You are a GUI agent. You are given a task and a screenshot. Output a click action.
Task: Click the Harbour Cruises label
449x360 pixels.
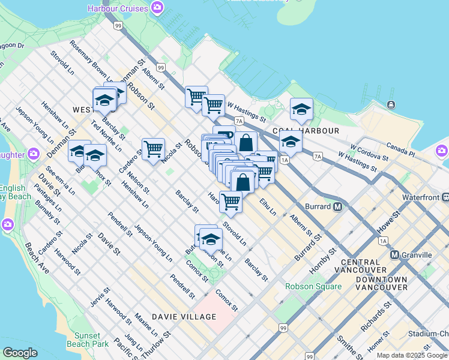[x=117, y=8]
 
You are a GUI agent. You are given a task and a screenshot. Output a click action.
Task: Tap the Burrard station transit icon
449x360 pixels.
[x=337, y=206]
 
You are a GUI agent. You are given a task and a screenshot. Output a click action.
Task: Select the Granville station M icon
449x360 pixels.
[x=395, y=254]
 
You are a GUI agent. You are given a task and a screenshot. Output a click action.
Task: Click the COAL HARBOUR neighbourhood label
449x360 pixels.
[x=306, y=130]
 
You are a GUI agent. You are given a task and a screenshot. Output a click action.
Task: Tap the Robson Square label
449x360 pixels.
[x=313, y=286]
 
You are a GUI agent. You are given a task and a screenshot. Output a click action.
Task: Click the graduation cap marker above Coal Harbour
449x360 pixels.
[x=301, y=109]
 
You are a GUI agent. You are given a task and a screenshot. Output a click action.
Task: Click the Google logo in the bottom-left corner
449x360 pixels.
[x=20, y=353]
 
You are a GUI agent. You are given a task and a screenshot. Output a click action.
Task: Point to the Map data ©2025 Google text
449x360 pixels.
[x=412, y=355]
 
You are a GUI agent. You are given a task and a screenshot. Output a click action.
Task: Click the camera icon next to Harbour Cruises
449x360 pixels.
[x=157, y=8]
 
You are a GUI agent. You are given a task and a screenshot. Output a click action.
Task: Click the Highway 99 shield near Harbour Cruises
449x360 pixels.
[x=118, y=25]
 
